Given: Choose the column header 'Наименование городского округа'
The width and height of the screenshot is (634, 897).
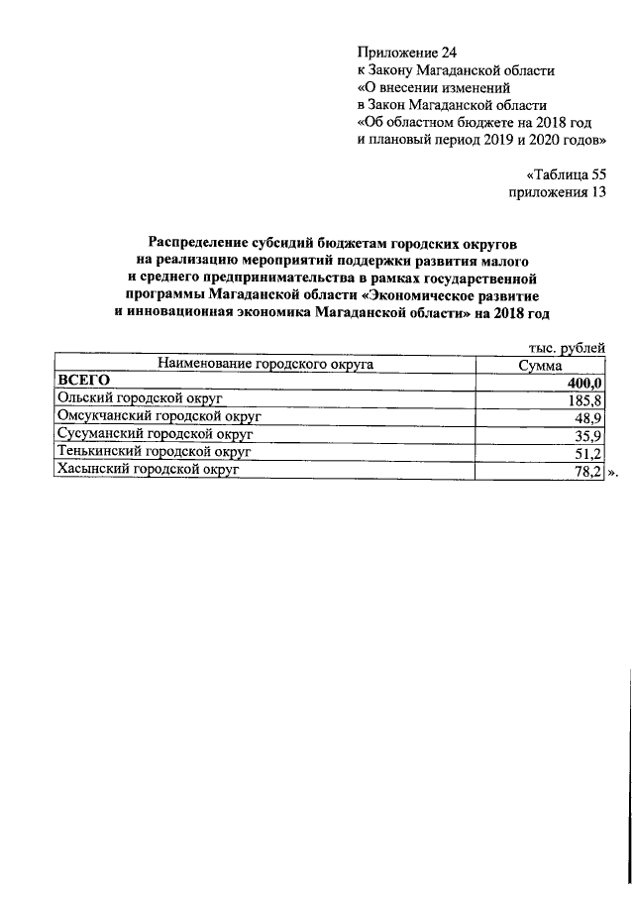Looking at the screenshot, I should pyautogui.click(x=264, y=365).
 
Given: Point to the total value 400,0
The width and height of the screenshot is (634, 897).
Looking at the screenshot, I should pyautogui.click(x=584, y=383).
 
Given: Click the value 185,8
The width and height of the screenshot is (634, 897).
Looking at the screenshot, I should pyautogui.click(x=585, y=400).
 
